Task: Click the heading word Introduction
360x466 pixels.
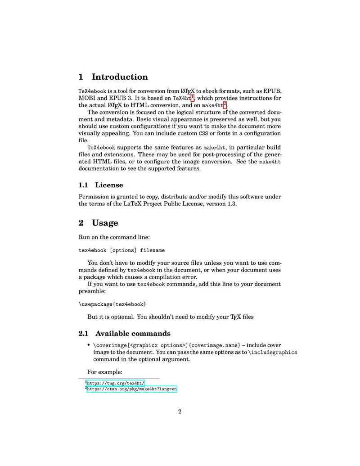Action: (x=120, y=77)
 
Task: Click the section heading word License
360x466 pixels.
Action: (x=109, y=185)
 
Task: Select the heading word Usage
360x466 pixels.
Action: (x=105, y=223)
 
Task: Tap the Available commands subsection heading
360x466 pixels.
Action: (x=133, y=334)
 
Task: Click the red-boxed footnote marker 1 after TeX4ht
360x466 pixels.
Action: (x=192, y=97)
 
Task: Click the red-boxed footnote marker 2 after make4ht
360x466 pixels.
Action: (x=225, y=104)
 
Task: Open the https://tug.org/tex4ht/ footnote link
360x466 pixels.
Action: (x=115, y=383)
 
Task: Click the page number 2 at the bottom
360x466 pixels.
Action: (x=180, y=412)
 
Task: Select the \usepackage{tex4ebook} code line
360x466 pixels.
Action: (x=112, y=304)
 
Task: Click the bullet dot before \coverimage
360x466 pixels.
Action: (x=89, y=345)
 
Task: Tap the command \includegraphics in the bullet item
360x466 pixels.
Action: (x=273, y=353)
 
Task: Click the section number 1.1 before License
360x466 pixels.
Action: (x=84, y=185)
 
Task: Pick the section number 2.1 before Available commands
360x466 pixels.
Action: (x=84, y=334)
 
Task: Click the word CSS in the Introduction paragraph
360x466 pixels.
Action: (x=203, y=134)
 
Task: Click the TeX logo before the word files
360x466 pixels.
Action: (x=235, y=317)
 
